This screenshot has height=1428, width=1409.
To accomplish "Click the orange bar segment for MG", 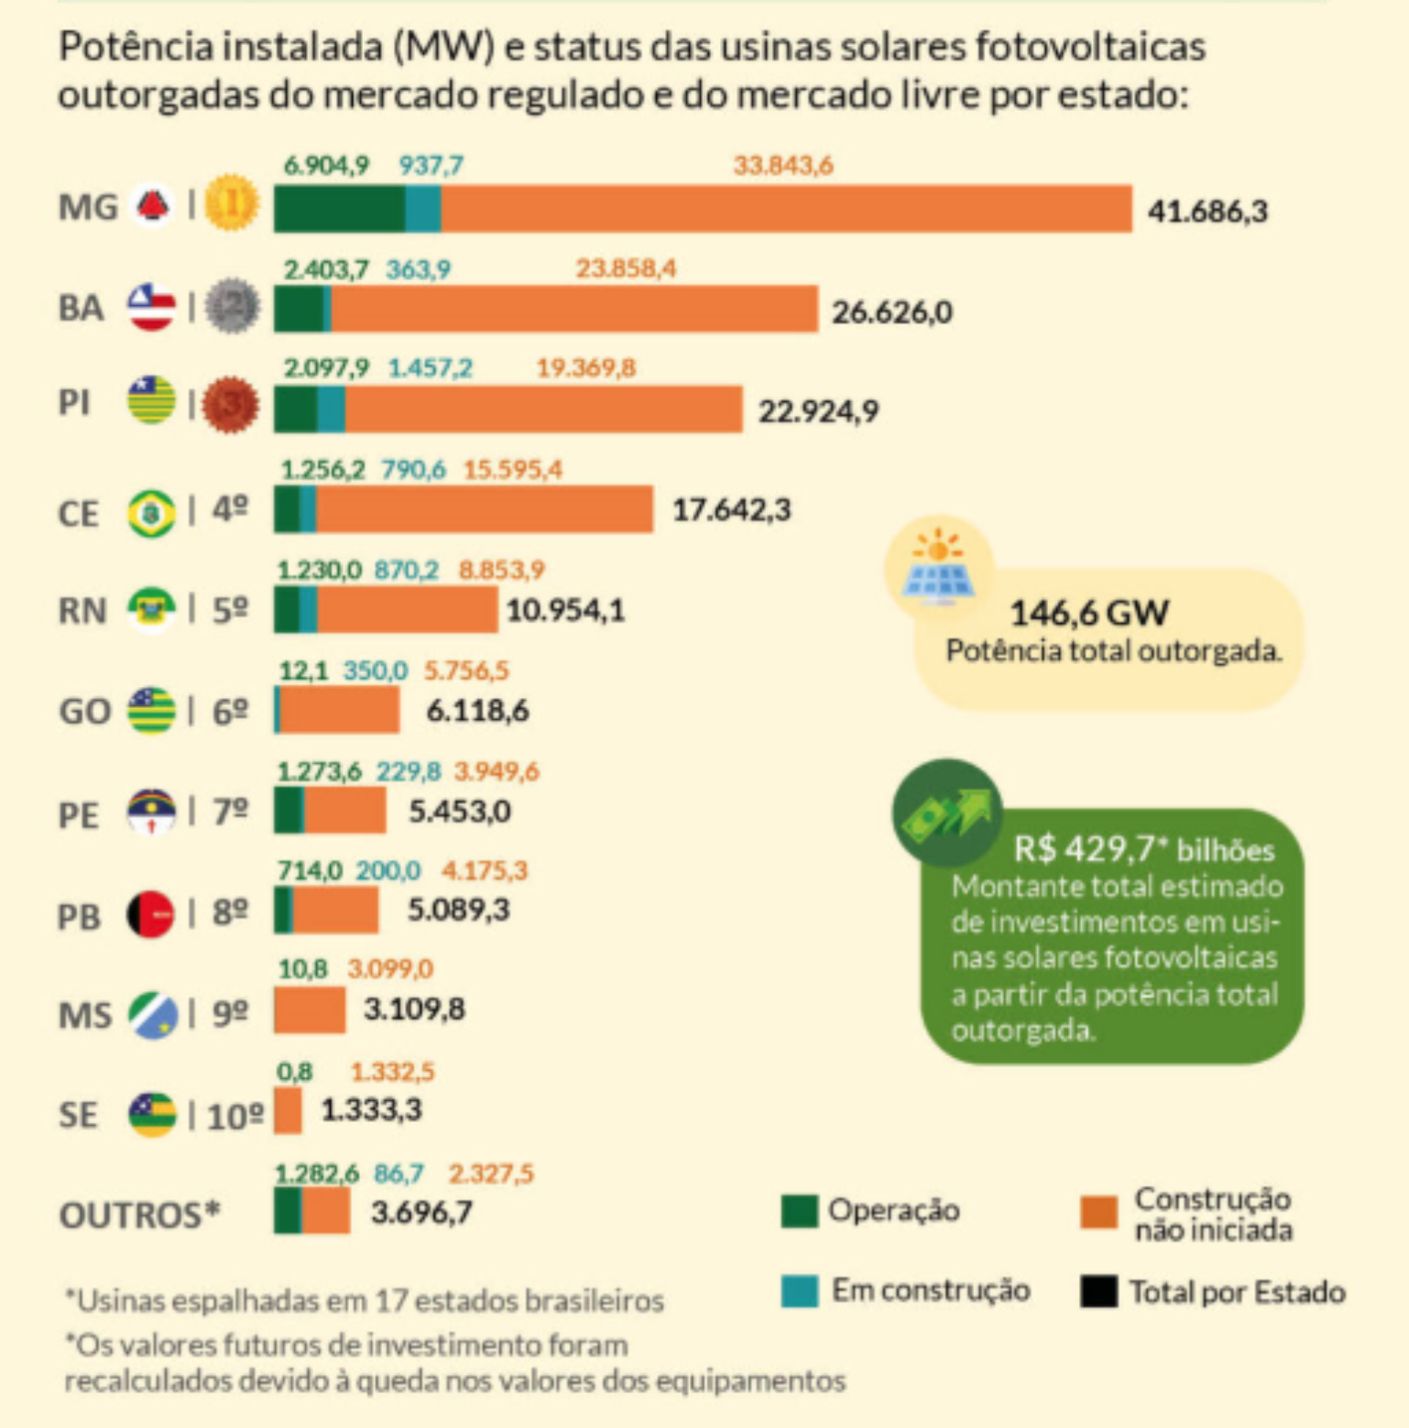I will (786, 209).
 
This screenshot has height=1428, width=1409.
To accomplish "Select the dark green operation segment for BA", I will (299, 309).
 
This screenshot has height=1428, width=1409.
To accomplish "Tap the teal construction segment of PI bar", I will (331, 409).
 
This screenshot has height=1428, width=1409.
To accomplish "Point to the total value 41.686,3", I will (1207, 212).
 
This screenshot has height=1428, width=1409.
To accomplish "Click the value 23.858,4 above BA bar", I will (626, 268).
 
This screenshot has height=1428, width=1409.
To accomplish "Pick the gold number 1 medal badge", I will (231, 202).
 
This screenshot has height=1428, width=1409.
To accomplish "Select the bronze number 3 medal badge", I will (231, 405).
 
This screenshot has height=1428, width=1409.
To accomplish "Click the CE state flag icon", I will (151, 513).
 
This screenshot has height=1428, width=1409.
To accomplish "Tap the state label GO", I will (84, 711).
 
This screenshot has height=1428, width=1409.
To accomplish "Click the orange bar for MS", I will (310, 1009).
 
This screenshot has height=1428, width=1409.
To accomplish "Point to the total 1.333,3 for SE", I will (371, 1110).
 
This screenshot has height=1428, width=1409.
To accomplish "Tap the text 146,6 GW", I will (1088, 612).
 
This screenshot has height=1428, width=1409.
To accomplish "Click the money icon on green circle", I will (947, 812).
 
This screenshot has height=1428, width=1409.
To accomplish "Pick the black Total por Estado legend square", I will (1098, 1292).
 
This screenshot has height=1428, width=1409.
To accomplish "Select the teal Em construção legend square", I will (799, 1291).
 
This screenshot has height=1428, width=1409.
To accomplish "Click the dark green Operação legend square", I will (799, 1210).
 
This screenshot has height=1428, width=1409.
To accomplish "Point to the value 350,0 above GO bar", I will (375, 670).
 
